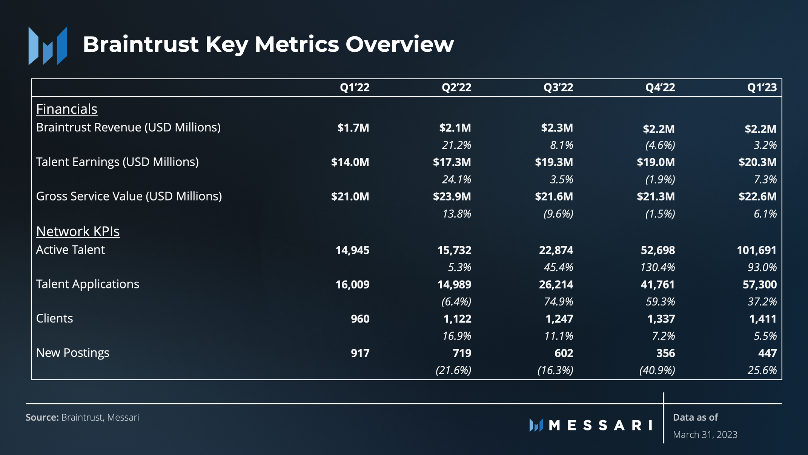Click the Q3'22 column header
[x=558, y=88]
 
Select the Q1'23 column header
[x=762, y=88]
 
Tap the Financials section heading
[x=67, y=109]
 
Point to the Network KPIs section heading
[x=78, y=231]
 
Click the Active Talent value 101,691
[x=757, y=250]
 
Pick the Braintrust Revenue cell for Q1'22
[x=353, y=128]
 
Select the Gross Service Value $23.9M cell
[x=452, y=196]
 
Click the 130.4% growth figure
[x=657, y=267]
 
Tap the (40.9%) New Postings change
[x=657, y=370]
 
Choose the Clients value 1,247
[x=559, y=319]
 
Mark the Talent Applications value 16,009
[x=353, y=284]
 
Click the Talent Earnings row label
[x=117, y=162]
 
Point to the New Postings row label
[x=73, y=353]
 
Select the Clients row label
[x=55, y=318]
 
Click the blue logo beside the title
[x=48, y=46]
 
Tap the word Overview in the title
[x=400, y=44]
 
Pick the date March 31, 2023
[x=705, y=435]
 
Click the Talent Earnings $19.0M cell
[x=656, y=162]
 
